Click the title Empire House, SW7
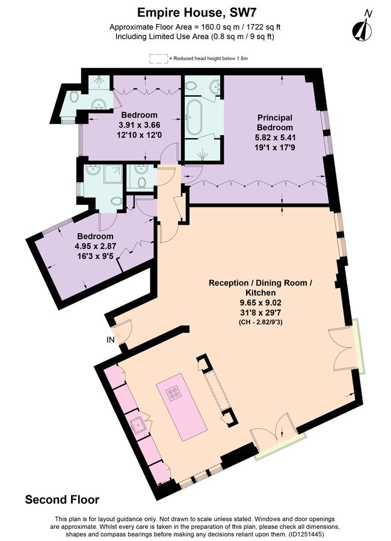click(x=195, y=11)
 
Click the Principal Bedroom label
click(x=275, y=122)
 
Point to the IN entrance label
click(x=110, y=340)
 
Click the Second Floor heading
click(x=62, y=500)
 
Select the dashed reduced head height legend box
click(x=158, y=58)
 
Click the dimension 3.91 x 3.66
click(x=139, y=126)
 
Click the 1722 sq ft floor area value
click(x=266, y=27)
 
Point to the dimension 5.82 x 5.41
click(x=275, y=138)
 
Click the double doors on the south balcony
click(x=277, y=437)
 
